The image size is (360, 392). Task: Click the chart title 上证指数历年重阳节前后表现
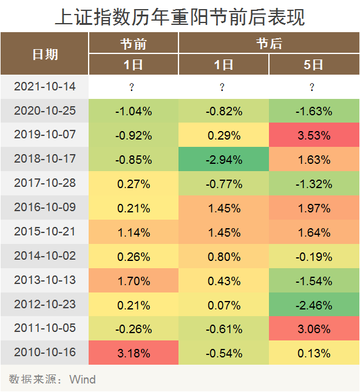[x=180, y=16]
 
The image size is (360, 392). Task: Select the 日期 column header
[x=45, y=53]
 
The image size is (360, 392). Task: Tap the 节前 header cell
[x=134, y=43]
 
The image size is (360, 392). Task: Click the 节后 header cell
[x=268, y=43]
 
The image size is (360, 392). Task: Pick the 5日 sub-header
[x=313, y=64]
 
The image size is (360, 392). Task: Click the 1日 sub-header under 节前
[x=134, y=64]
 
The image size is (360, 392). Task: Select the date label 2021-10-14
[x=45, y=87]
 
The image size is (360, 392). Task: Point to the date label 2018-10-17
[x=45, y=160]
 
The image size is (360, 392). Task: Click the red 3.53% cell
[x=313, y=135]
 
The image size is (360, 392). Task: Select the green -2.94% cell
[x=223, y=160]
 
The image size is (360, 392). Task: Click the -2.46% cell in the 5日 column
[x=313, y=305]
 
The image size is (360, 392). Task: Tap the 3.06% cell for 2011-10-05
[x=313, y=329]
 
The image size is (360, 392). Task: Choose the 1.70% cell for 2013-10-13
[x=134, y=280]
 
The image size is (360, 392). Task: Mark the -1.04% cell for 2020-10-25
[x=134, y=111]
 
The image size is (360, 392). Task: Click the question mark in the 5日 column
[x=312, y=87]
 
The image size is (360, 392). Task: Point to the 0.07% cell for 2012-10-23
[x=223, y=305]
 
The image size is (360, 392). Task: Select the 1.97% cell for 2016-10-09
[x=313, y=208]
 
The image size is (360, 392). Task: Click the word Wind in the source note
[x=83, y=380]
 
